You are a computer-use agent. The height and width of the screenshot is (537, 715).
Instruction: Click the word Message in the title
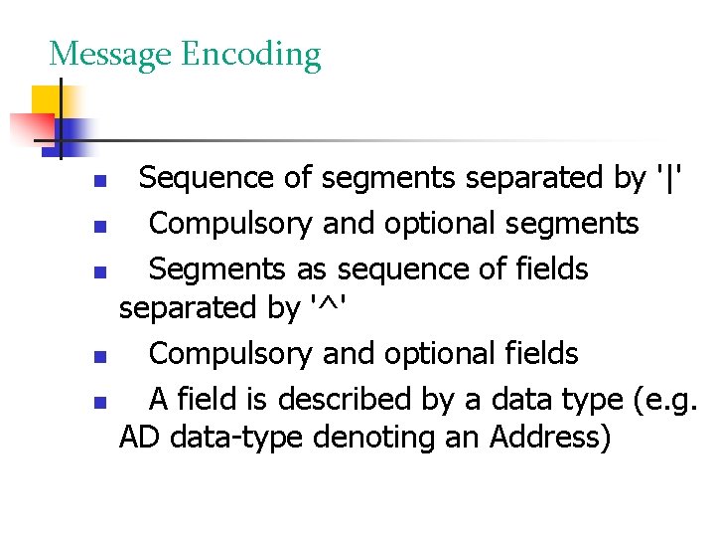click(109, 55)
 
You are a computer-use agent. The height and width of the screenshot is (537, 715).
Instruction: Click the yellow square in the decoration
click(48, 101)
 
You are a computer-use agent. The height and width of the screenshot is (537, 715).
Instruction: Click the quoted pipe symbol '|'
click(674, 178)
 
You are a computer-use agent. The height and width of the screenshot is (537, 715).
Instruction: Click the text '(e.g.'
click(664, 400)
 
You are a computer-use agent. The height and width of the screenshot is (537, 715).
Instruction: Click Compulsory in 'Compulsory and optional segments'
click(231, 224)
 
